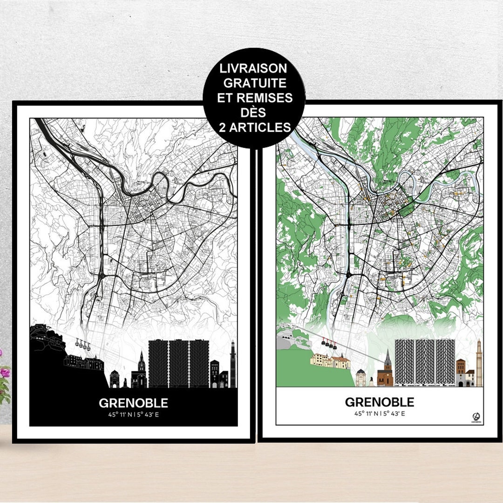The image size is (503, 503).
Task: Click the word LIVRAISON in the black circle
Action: (254, 69)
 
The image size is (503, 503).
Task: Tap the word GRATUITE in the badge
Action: (254, 83)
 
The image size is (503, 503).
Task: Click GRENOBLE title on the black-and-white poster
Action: (133, 403)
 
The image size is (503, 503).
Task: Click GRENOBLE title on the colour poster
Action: (379, 402)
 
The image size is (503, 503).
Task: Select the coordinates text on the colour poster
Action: (379, 413)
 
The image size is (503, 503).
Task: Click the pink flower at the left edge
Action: (5, 373)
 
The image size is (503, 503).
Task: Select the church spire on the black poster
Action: (141, 361)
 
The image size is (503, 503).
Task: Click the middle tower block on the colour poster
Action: (424, 362)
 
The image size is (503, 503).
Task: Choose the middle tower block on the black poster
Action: (178, 364)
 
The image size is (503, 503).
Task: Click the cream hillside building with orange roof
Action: (331, 361)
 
